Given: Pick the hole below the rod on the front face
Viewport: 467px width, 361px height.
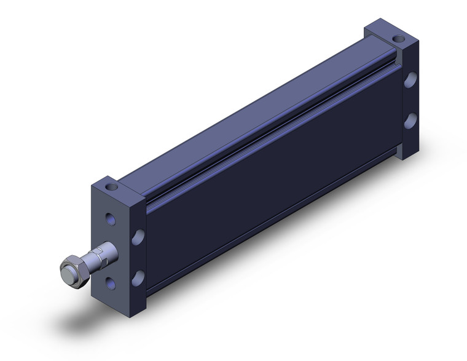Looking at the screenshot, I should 111,282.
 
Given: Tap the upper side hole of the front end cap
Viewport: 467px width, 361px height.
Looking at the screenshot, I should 138,237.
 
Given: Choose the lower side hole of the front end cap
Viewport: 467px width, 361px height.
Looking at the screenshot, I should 138,277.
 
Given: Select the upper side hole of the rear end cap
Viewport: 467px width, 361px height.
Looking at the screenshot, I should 410,80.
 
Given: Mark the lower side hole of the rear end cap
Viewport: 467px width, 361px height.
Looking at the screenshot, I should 410,121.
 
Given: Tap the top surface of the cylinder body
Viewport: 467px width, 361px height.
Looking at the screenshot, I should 246,117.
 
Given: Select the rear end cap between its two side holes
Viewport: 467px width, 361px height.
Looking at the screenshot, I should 410,100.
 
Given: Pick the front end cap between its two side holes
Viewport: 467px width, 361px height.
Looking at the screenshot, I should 138,257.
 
